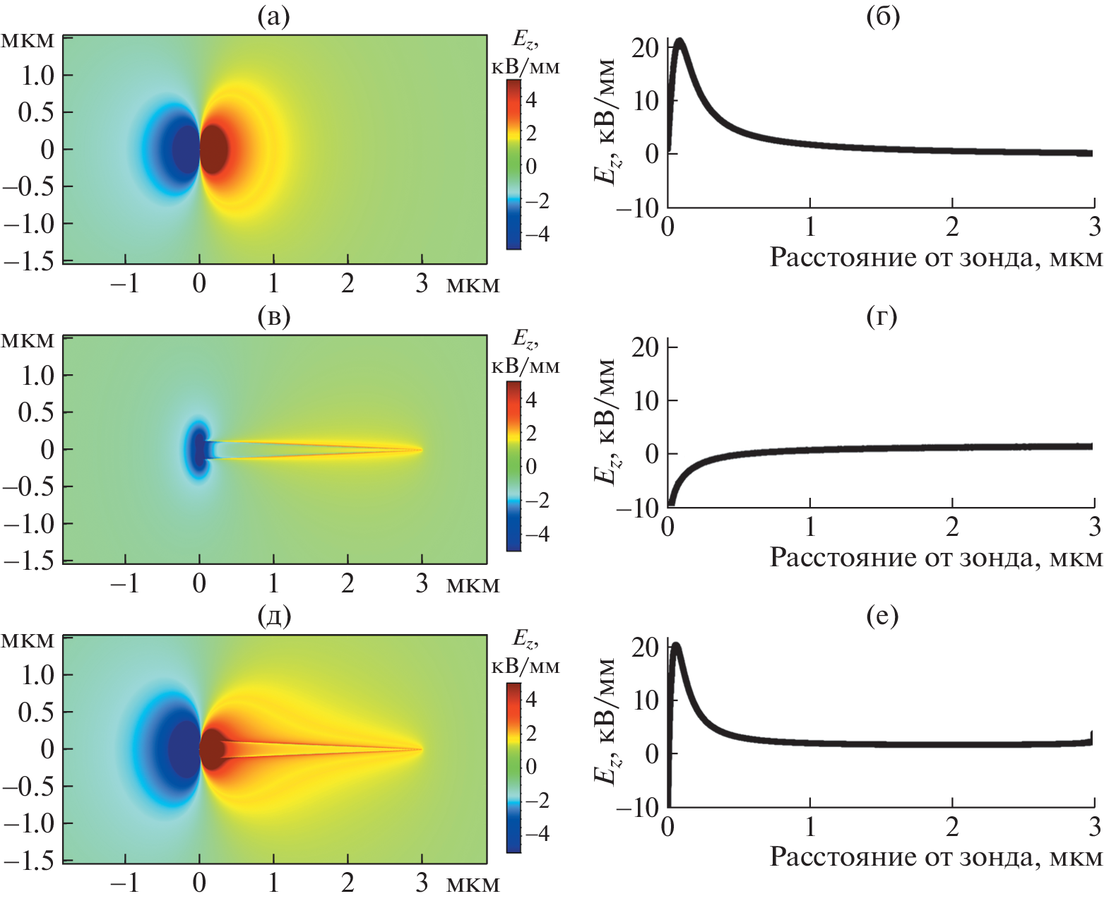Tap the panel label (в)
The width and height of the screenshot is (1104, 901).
[x=274, y=317]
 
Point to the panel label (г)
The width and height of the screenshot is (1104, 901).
[x=882, y=317]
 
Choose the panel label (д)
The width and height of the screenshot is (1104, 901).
[x=274, y=616]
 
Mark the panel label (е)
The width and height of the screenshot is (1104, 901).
[x=882, y=616]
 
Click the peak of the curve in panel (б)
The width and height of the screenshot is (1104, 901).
[x=680, y=41]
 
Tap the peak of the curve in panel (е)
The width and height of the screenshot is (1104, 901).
[x=676, y=645]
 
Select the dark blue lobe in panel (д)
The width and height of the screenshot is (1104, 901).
[x=184, y=748]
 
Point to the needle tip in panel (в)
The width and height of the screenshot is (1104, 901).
[x=421, y=449]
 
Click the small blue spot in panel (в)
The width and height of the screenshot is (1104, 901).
[x=197, y=449]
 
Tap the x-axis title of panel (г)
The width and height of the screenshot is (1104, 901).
[x=935, y=558]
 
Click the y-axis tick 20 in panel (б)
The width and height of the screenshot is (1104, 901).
[x=645, y=47]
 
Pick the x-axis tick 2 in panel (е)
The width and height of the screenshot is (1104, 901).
[x=952, y=825]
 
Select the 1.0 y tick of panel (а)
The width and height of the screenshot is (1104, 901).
[x=37, y=76]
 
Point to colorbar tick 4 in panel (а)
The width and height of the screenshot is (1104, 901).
[x=531, y=100]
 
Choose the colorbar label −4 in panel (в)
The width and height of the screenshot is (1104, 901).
[x=537, y=534]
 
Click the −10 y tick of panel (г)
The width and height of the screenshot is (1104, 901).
[x=637, y=508]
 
